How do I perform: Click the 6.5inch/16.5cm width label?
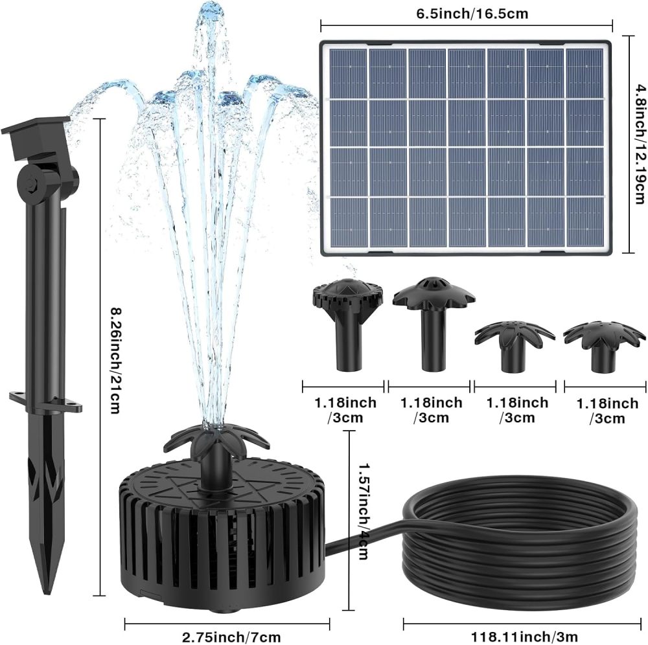click(466, 12)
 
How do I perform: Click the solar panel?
click(465, 148)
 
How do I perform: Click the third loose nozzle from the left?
click(514, 343)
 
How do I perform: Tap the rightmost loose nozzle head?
click(605, 343)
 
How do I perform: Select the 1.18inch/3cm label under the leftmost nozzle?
click(345, 410)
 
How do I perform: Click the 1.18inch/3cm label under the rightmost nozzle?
click(607, 411)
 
